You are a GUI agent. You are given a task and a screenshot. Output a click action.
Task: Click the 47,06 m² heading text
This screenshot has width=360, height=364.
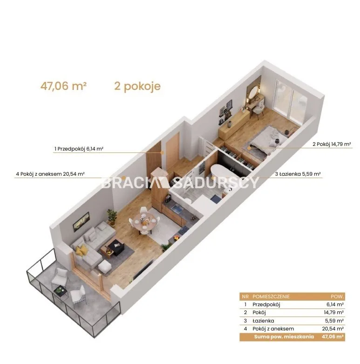(x=63, y=86)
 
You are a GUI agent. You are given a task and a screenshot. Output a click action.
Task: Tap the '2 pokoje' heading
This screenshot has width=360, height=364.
(x=137, y=86)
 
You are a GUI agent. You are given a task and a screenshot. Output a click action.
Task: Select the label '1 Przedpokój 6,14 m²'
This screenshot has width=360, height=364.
(x=79, y=149)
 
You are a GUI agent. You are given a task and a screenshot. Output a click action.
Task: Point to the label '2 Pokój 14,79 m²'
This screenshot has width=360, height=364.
(x=332, y=144)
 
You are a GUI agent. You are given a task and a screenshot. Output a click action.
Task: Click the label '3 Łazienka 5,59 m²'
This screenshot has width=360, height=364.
(x=298, y=174)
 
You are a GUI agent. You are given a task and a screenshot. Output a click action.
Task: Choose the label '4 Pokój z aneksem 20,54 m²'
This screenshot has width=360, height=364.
(x=50, y=174)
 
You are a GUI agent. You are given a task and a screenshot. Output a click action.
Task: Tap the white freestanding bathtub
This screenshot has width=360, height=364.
(x=222, y=172)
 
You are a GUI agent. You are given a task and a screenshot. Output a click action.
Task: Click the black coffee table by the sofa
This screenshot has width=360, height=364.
(x=115, y=247)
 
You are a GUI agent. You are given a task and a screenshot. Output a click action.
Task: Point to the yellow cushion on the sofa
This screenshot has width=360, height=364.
(x=82, y=250)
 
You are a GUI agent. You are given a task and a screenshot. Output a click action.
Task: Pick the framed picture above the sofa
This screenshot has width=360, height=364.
(x=81, y=222)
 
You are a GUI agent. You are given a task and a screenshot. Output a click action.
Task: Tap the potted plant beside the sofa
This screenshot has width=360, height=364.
(x=112, y=217)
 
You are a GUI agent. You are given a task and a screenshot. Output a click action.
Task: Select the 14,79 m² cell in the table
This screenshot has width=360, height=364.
(x=334, y=312)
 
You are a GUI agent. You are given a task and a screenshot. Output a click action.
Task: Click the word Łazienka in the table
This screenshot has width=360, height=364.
(x=263, y=321)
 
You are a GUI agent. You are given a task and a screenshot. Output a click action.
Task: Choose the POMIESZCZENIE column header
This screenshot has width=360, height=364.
(x=271, y=296)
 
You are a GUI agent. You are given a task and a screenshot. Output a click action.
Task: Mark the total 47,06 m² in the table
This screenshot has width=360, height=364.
(x=333, y=337)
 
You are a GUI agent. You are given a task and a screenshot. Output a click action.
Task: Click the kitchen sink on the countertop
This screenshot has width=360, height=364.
(x=177, y=210)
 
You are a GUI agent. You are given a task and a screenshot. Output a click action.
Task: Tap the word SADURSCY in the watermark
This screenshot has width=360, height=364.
(x=216, y=183)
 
